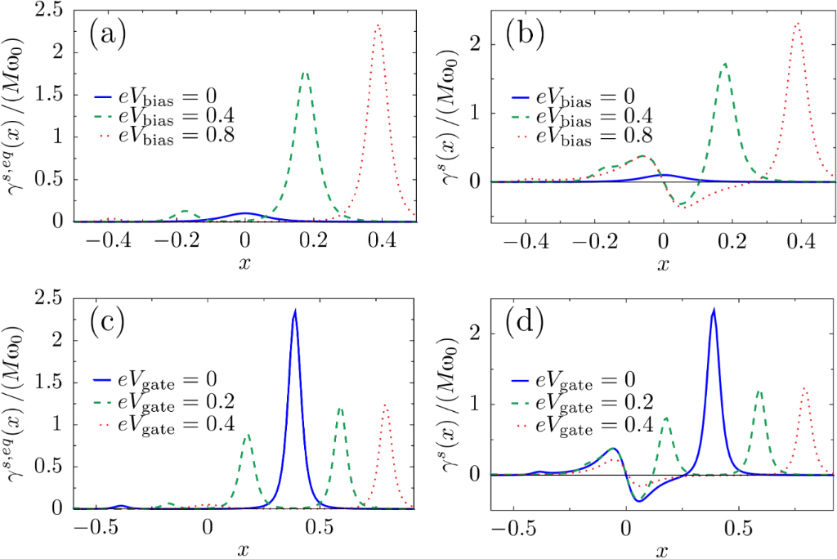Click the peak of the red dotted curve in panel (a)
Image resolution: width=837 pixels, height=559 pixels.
(x=378, y=24)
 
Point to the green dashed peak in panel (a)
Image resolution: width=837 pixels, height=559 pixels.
(x=305, y=73)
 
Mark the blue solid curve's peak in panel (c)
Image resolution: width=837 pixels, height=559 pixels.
(x=294, y=311)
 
